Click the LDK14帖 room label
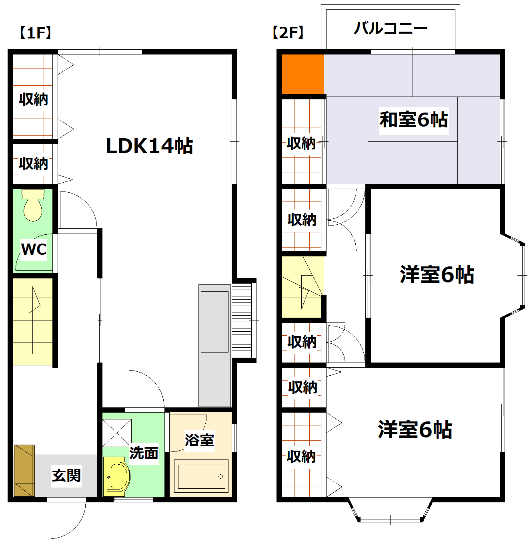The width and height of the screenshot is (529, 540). tap(149, 146)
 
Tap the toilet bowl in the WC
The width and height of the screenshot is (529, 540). tap(33, 208)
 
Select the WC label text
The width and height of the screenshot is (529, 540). tap(34, 249)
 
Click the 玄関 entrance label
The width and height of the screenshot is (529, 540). tap(66, 476)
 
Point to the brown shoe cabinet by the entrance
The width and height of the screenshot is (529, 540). tap(24, 470)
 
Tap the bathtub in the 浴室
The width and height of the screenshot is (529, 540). tap(201, 477)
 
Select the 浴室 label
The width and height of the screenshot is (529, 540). tap(199, 440)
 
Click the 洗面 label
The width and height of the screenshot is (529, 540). tap(144, 453)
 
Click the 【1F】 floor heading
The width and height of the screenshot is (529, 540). tap(35, 33)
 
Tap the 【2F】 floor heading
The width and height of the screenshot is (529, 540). tap(288, 32)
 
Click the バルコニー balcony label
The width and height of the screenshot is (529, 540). tap(391, 28)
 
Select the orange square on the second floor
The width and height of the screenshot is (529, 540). tap(303, 74)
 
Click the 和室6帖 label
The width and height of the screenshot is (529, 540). tap(413, 120)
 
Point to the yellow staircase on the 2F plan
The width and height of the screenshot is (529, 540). tap(302, 287)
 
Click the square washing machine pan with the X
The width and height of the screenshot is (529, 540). tap(117, 433)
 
